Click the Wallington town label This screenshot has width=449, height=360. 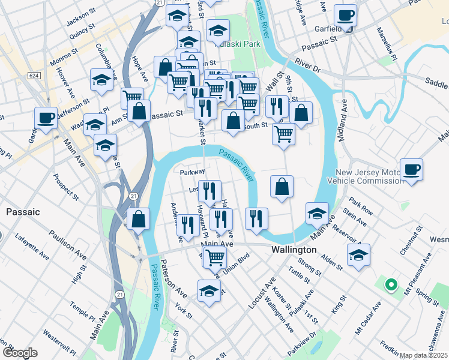pyautogui.click(x=294, y=250)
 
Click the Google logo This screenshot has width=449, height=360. pyautogui.click(x=19, y=352)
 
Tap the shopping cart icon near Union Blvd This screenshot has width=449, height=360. pyautogui.click(x=214, y=257)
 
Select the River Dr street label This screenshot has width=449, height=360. pyautogui.click(x=307, y=65)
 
